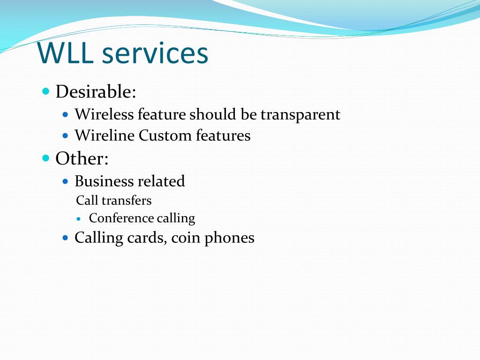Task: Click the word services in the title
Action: point(155,53)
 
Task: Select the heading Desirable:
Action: point(96,91)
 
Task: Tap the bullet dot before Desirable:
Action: point(45,90)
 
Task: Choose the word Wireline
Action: point(105,135)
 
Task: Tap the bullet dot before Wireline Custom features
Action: point(66,135)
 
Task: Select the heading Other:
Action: point(82,159)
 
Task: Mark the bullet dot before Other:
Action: point(45,158)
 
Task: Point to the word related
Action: point(161,181)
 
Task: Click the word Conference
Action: point(121,218)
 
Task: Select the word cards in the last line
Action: point(145,238)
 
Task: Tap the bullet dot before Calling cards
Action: point(66,238)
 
